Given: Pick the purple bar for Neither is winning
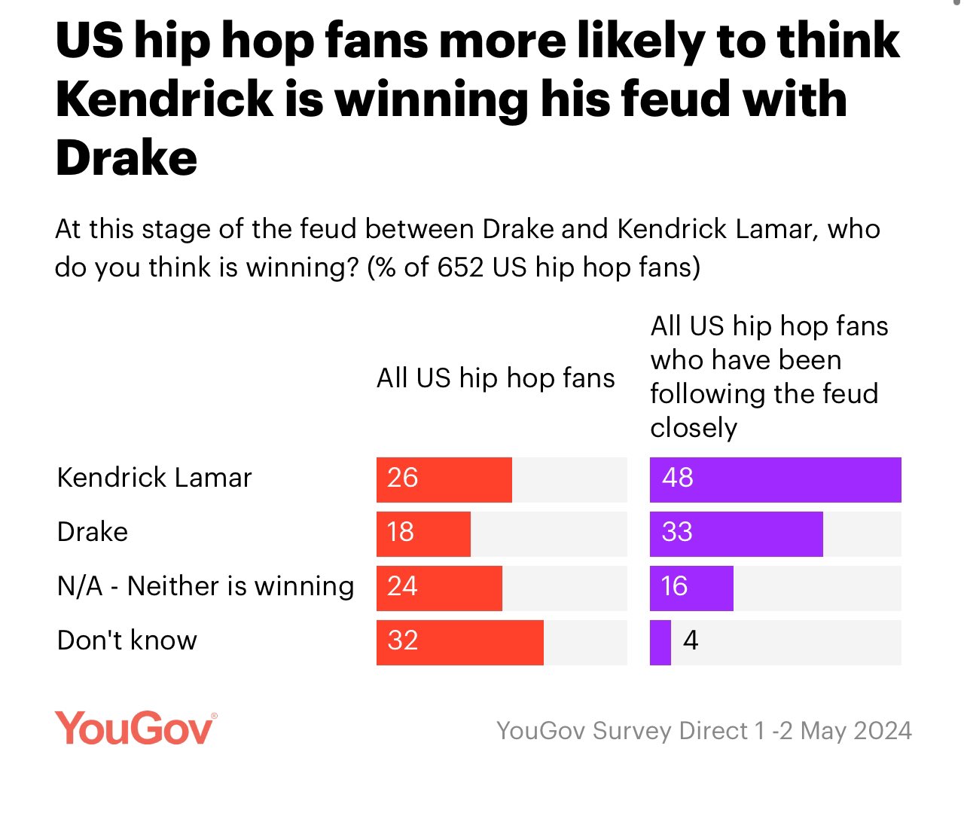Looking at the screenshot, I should coord(691,588).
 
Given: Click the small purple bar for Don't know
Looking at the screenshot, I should coord(660,642).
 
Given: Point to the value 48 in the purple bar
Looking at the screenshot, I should coord(677,478).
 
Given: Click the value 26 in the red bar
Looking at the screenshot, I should coord(402,478).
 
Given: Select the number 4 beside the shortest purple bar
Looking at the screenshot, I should coord(690,640).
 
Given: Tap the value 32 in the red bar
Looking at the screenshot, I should coord(402,640).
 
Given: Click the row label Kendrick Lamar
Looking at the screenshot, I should coord(154,478).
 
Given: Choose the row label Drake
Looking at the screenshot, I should coord(93,532).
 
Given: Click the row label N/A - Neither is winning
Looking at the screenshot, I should coord(205,586).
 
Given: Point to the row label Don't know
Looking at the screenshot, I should coord(127,640).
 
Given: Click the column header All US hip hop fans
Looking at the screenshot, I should coord(496,377).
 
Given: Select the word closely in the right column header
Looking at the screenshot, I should coord(694,428).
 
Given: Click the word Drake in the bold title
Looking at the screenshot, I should coord(127,158).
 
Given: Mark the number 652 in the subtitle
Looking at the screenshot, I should coord(460,267).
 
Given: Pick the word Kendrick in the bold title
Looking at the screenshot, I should coord(164,99).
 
